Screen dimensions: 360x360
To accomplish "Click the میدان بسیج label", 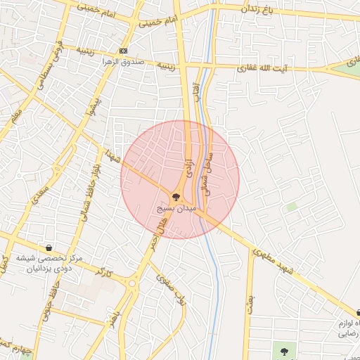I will point(173,210).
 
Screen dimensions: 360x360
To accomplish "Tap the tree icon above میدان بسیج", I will point(175,198).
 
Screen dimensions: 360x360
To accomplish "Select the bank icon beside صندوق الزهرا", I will point(124,51).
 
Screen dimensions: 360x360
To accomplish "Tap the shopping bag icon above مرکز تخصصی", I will point(49,248).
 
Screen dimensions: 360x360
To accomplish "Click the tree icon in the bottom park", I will point(284,351).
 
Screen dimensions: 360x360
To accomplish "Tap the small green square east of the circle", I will point(291,207).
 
